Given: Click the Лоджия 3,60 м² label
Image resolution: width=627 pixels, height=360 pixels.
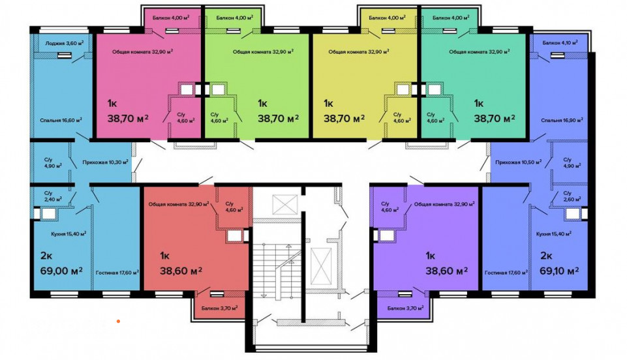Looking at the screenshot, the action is [65, 43].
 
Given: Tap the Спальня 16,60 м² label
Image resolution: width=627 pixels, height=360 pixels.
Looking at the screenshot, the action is [61, 120].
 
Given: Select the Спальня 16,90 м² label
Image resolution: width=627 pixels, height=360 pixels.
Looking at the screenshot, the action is [562, 120].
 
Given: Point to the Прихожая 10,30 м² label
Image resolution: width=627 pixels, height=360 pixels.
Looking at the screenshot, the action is [106, 162].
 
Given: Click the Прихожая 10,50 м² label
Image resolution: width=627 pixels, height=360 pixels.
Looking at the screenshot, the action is [518, 162].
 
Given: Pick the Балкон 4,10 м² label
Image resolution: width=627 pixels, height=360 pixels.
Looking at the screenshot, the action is [560, 42].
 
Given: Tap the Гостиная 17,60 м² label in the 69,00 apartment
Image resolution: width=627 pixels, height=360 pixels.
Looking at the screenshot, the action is [117, 273].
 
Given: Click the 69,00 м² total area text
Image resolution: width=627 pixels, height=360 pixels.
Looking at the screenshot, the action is [61, 271].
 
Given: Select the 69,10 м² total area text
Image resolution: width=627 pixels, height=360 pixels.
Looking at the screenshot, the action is [559, 271].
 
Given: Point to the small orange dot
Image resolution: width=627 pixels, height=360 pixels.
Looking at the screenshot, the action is [118, 321].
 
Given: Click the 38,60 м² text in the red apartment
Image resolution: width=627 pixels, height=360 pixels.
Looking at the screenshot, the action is [181, 271].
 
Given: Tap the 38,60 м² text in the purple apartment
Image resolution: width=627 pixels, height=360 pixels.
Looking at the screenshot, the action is [447, 271].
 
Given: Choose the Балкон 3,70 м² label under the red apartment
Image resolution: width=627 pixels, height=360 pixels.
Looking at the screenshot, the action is [219, 308].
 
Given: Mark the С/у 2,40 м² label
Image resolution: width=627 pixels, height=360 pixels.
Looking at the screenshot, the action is [53, 196].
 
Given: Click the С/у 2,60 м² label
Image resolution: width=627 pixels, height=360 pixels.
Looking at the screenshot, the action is [572, 196].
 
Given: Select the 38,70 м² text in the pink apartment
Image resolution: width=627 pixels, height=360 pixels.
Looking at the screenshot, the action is [129, 118].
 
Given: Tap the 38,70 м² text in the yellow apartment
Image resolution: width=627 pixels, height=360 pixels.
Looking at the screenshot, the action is [344, 118].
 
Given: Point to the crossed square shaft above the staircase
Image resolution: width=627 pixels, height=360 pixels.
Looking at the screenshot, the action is [285, 205].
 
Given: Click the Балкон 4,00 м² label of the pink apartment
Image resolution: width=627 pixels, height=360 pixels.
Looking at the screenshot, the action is [171, 18].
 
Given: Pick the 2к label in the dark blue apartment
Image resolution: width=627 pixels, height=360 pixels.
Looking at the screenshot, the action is [546, 255].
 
